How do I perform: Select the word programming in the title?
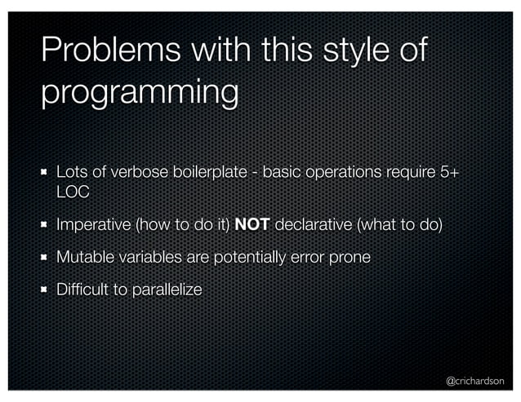139,93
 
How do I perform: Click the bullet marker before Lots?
46,172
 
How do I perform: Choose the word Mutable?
84,257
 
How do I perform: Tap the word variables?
149,257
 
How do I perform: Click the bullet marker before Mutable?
46,257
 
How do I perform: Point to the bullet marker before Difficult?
46,289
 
